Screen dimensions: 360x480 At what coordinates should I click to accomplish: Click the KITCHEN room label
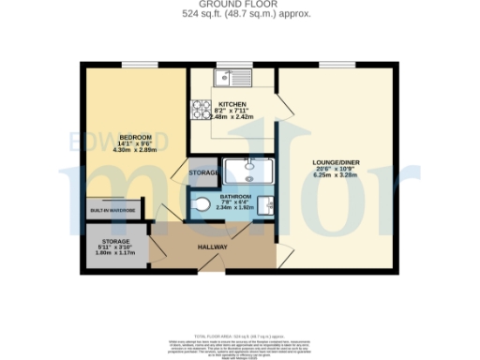pyautogui.click(x=232, y=105)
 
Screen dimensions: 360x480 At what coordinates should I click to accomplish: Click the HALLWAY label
pyautogui.click(x=213, y=247)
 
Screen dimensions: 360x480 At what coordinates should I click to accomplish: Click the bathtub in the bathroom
pyautogui.click(x=248, y=172)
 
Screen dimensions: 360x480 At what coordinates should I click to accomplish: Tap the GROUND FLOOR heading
pyautogui.click(x=239, y=5)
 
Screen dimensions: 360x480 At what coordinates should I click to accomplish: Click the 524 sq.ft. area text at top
pyautogui.click(x=239, y=14)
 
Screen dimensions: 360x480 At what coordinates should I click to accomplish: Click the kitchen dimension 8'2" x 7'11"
pyautogui.click(x=232, y=112)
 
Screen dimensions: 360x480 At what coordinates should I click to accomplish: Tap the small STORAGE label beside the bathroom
pyautogui.click(x=203, y=173)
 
